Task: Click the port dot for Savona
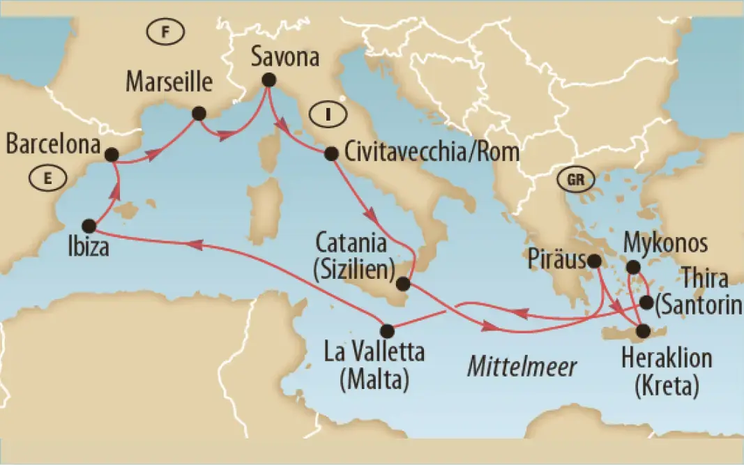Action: click(268, 80)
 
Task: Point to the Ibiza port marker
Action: click(89, 225)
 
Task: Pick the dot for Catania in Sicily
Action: click(402, 284)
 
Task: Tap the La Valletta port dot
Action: click(388, 330)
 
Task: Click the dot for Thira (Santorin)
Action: click(646, 303)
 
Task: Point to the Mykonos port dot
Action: click(632, 267)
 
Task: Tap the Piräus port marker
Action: click(594, 261)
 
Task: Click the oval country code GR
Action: click(576, 179)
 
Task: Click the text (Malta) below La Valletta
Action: click(374, 381)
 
